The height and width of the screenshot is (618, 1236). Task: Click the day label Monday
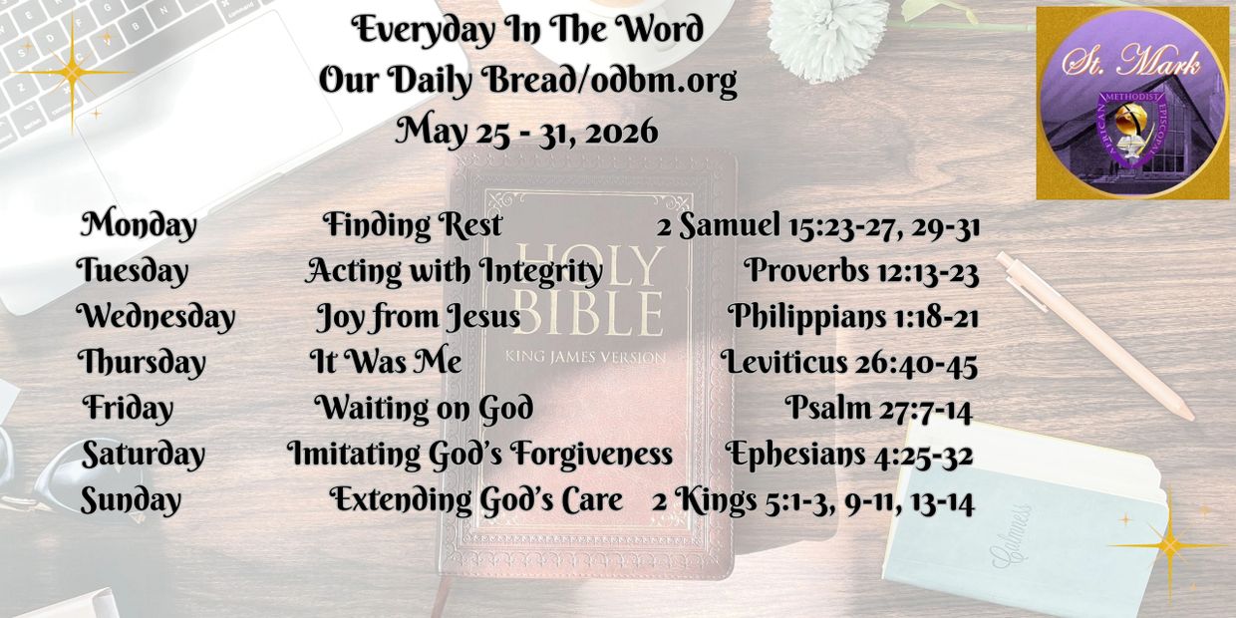139,225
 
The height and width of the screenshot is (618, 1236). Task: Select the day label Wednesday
155,317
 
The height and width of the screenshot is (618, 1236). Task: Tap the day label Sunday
131,500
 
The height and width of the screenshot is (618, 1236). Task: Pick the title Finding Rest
413,225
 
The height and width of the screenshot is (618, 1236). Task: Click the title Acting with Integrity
454,271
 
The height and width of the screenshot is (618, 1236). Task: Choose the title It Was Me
385,362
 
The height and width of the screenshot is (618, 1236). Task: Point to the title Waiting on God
424,409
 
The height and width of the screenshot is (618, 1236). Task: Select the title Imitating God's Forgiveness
479,455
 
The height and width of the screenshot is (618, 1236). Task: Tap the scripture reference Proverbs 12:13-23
861,271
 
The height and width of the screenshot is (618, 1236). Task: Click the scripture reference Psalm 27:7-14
878,409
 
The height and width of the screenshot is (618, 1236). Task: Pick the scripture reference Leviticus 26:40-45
848,363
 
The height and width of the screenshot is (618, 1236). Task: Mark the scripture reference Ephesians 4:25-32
848,455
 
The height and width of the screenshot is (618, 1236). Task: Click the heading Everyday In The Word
527,29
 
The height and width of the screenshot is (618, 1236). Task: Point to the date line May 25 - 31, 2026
527,132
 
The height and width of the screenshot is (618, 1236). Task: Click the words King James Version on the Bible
585,357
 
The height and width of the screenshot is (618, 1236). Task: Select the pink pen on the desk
1094,336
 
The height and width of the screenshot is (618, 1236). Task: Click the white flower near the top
827,38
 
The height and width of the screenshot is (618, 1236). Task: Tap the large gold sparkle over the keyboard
72,73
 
